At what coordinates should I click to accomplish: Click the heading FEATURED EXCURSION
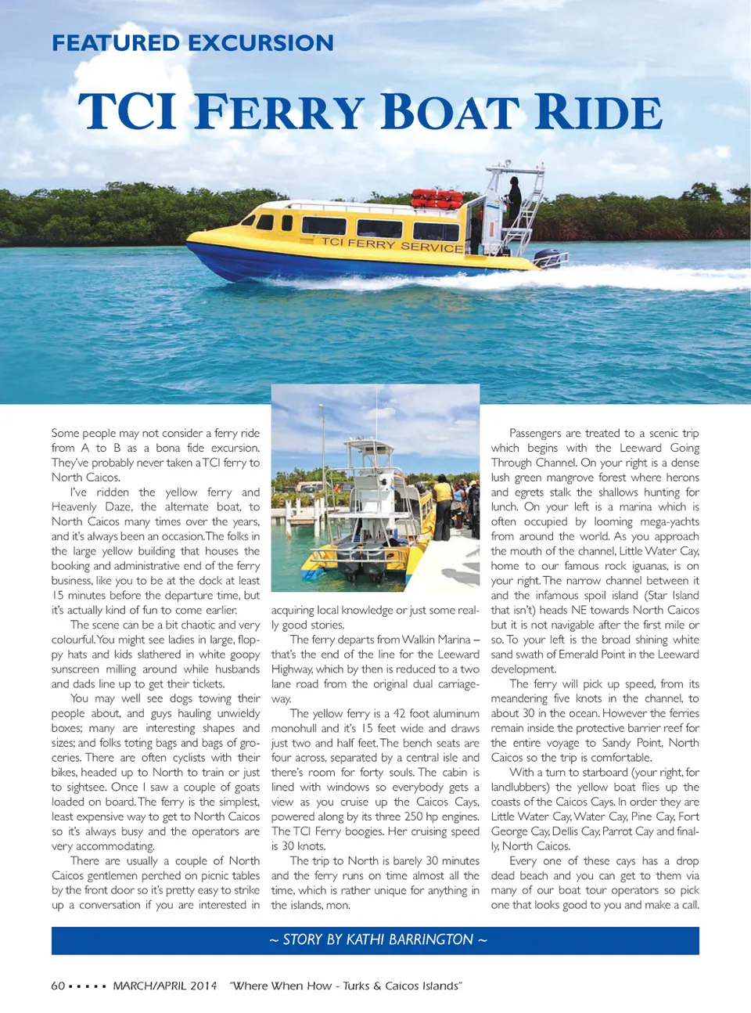tap(192, 43)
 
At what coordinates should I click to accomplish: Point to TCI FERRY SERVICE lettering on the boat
tap(393, 244)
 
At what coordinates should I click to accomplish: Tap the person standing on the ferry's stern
tap(514, 200)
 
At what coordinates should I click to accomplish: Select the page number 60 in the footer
tap(58, 986)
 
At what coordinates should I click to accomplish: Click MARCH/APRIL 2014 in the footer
tap(165, 986)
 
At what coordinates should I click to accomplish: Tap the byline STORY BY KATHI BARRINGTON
tap(378, 939)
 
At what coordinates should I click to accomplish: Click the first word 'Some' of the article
tap(65, 433)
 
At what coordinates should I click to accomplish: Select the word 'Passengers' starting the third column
tap(535, 433)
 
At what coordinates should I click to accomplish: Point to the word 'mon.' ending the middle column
tap(338, 905)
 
